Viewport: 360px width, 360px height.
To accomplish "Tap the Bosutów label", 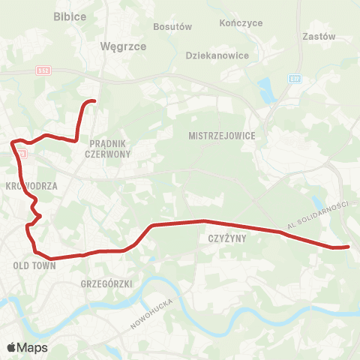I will tap(172, 26).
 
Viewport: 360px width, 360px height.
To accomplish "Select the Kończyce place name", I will tap(241, 23).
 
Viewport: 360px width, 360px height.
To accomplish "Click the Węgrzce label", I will tap(117, 46).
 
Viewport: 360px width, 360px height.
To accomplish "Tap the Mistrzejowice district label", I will tap(223, 136).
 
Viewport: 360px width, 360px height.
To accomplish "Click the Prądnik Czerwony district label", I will tap(110, 148).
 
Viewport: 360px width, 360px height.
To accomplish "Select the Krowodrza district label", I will tap(26, 184).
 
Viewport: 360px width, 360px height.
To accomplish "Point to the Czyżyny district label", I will tap(222, 238).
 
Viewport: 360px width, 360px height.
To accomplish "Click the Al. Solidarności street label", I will tap(318, 215).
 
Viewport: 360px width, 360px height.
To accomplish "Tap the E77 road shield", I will tap(295, 78).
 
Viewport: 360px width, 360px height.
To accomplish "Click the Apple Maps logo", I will tap(27, 347).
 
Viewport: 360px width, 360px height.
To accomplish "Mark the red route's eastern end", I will tap(348, 246).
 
